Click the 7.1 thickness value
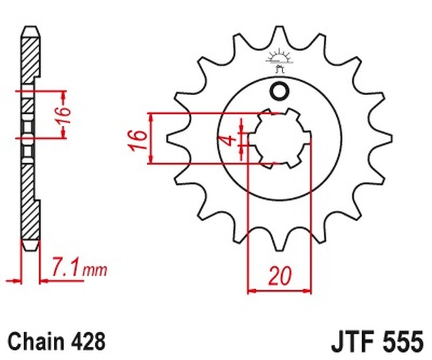click(x=67, y=269)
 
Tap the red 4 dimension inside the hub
click(x=228, y=139)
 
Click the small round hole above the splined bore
click(x=279, y=91)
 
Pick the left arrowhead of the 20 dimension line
click(x=251, y=290)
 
